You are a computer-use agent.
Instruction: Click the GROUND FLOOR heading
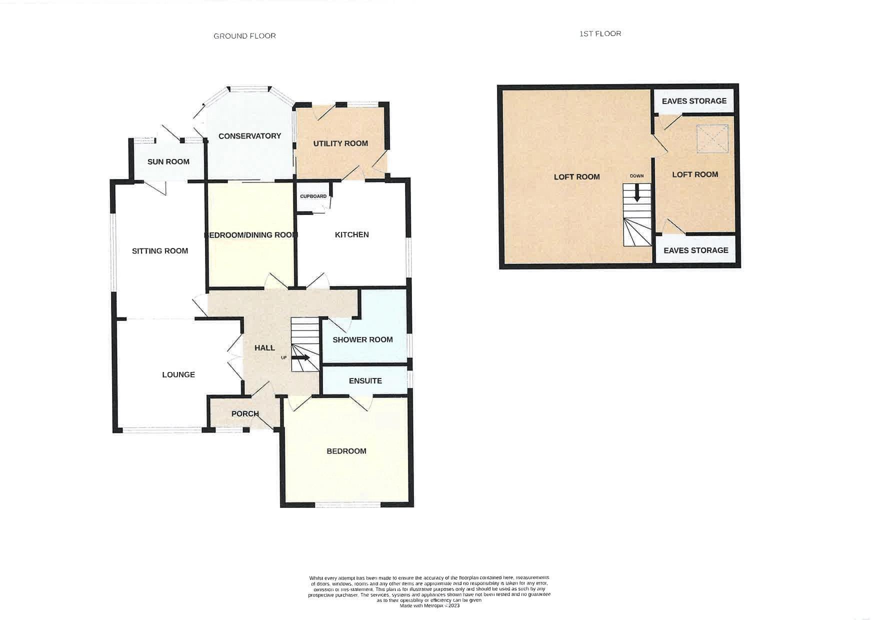point(244,36)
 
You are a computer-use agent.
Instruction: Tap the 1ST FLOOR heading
point(600,33)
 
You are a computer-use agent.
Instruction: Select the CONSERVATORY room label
point(249,136)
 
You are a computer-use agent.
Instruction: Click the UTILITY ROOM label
point(340,143)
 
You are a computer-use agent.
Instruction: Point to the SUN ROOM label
point(168,161)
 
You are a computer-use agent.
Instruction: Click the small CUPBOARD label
point(313,196)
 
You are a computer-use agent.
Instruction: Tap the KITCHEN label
point(352,234)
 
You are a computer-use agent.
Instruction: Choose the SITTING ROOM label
point(160,251)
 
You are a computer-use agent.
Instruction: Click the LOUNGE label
point(178,374)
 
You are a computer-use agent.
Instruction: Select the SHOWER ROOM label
point(362,339)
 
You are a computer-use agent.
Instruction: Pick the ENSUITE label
point(365,381)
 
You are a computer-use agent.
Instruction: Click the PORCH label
point(245,414)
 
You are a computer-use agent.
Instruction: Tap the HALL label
point(264,348)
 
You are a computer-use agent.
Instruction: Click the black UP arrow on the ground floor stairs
point(300,357)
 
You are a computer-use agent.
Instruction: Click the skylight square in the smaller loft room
point(712,138)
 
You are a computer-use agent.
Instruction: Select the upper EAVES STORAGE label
point(694,101)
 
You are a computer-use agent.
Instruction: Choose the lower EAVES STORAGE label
point(696,250)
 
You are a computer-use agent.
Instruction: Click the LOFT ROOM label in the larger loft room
point(576,177)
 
